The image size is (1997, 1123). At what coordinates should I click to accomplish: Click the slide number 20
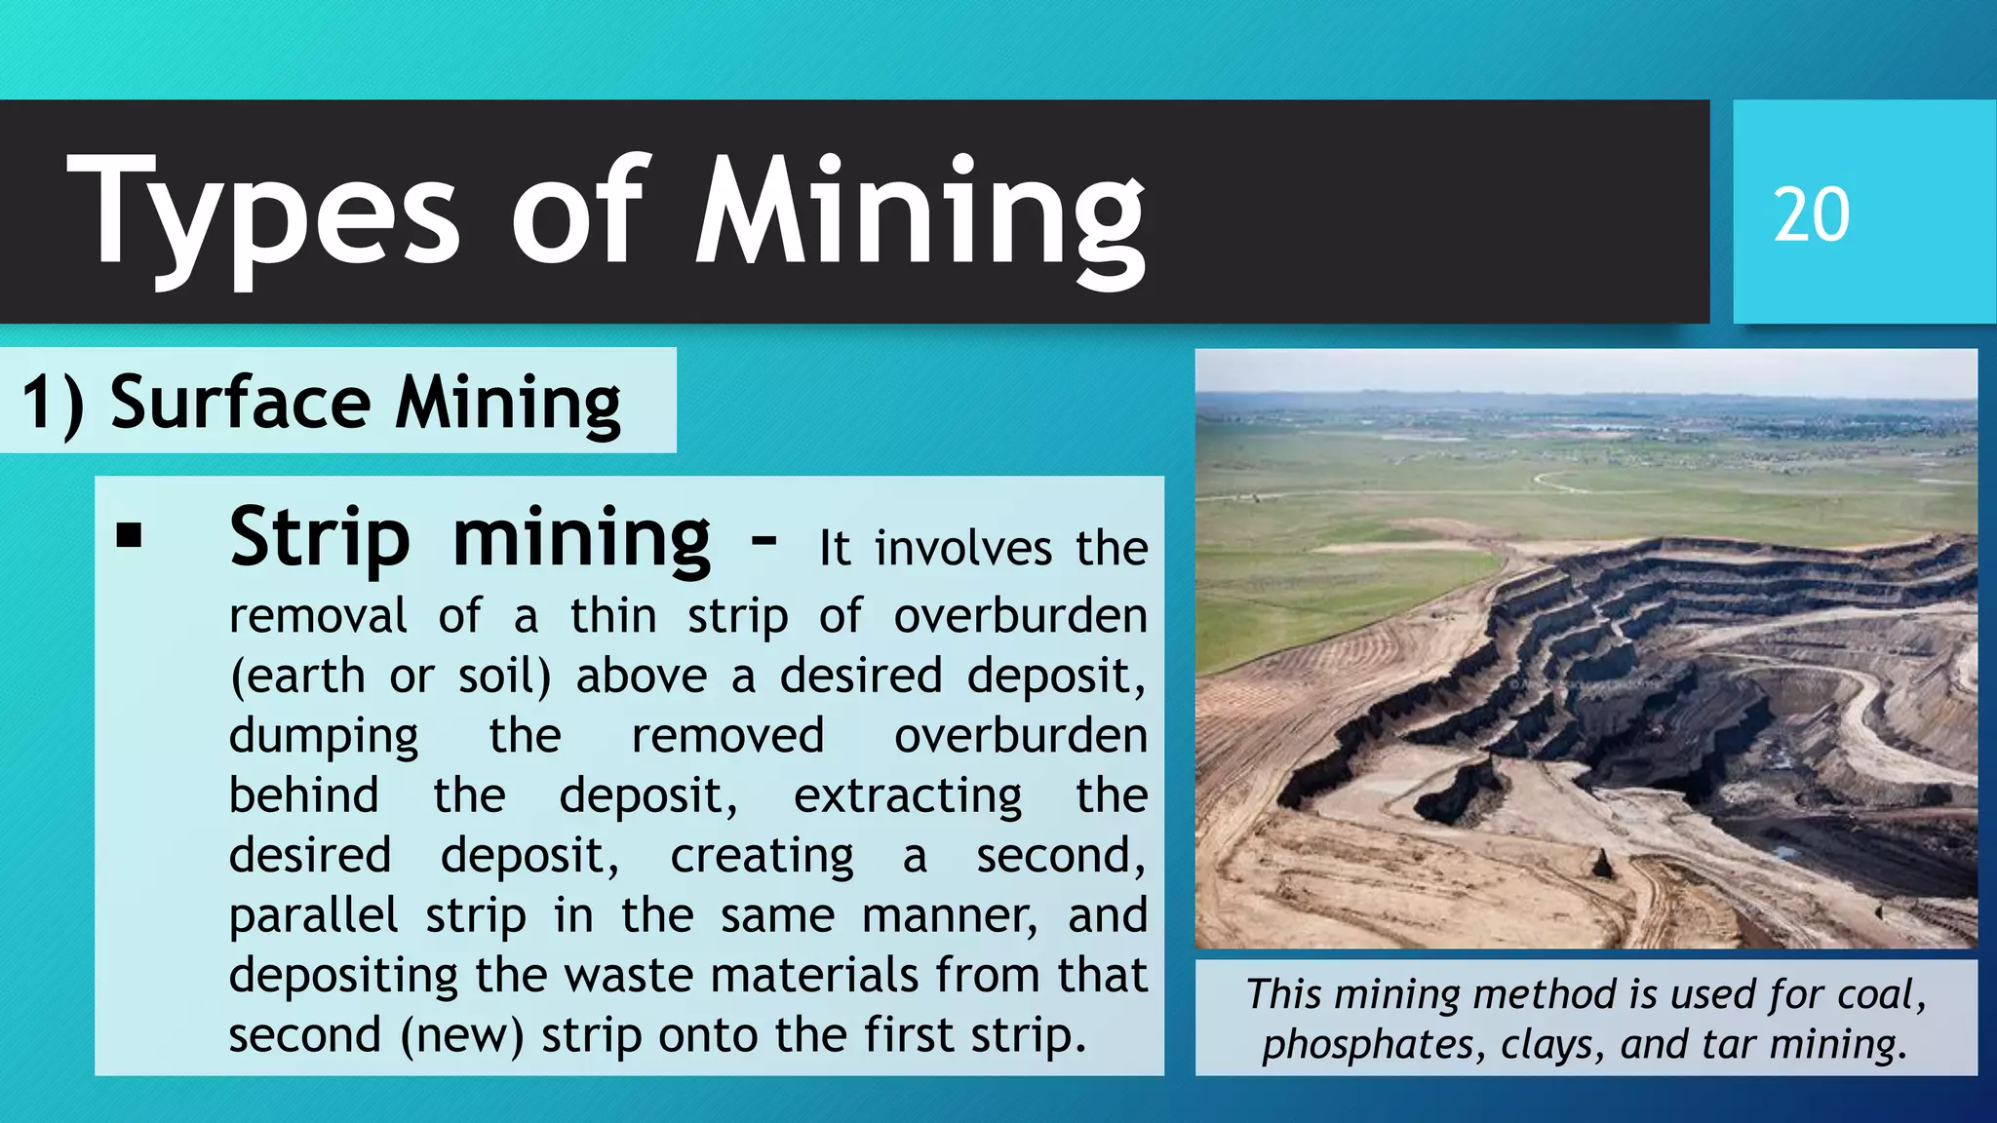[1811, 214]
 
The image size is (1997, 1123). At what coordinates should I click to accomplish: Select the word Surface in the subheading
[240, 402]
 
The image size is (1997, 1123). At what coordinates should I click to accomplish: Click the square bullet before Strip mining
[129, 535]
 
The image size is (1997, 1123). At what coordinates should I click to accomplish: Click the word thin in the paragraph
[613, 616]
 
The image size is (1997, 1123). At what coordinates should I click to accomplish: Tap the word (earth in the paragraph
[297, 676]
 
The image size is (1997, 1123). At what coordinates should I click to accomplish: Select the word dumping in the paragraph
[324, 737]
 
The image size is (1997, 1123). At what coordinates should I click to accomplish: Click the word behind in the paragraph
[303, 795]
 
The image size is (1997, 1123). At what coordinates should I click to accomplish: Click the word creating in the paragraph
[762, 856]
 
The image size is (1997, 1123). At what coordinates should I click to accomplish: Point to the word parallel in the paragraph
[314, 916]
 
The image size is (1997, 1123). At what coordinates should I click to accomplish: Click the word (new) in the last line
[461, 1035]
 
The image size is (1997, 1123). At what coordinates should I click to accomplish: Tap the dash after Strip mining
[764, 539]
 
